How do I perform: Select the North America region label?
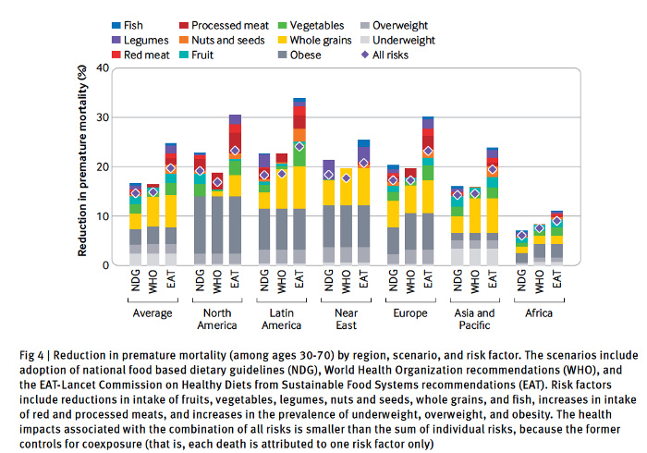pyautogui.click(x=216, y=319)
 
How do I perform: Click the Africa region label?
pyautogui.click(x=539, y=312)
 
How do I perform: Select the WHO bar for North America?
pyautogui.click(x=217, y=219)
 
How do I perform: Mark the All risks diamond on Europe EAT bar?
pyautogui.click(x=427, y=151)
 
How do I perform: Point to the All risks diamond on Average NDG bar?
pyautogui.click(x=135, y=193)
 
